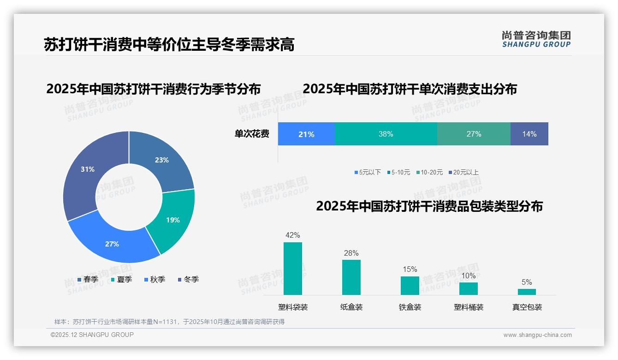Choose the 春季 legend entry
pyautogui.click(x=88, y=279)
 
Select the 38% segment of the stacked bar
pyautogui.click(x=386, y=134)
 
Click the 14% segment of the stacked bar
pyautogui.click(x=529, y=134)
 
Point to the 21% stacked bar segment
pyautogui.click(x=306, y=134)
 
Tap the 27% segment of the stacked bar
pyautogui.click(x=474, y=134)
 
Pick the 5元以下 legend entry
pyautogui.click(x=368, y=172)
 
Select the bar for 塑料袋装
pyautogui.click(x=293, y=269)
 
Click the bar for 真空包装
pyautogui.click(x=527, y=292)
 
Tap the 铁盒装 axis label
pyautogui.click(x=410, y=307)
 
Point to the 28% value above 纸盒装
pyautogui.click(x=351, y=253)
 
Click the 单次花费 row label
pyautogui.click(x=252, y=134)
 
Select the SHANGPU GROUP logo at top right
pyautogui.click(x=536, y=39)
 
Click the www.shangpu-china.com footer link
pyautogui.click(x=537, y=335)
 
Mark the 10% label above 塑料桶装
pyautogui.click(x=469, y=276)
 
